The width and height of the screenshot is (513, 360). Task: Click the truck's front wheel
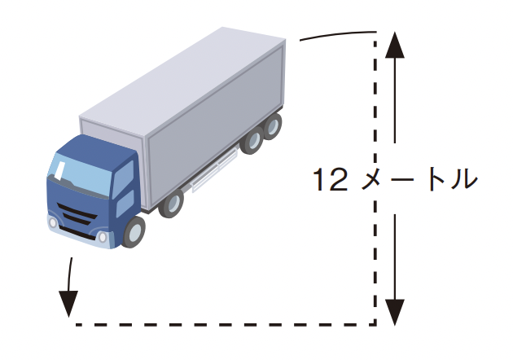pyautogui.click(x=134, y=231)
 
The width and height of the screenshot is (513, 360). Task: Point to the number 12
pyautogui.click(x=330, y=179)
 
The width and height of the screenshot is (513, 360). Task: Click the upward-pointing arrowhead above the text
pyautogui.click(x=395, y=45)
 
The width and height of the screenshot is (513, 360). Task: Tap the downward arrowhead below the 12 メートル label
pyautogui.click(x=395, y=312)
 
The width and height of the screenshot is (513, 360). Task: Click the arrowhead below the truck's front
pyautogui.click(x=68, y=304)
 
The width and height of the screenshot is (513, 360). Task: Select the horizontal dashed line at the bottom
pyautogui.click(x=226, y=325)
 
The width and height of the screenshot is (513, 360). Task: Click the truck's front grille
pyautogui.click(x=77, y=214)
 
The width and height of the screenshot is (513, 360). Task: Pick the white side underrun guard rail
pyautogui.click(x=214, y=171)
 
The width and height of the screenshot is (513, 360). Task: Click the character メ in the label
pyautogui.click(x=374, y=179)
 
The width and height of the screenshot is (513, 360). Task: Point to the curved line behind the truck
pyautogui.click(x=338, y=35)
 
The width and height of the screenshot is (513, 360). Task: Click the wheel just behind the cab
pyautogui.click(x=171, y=204)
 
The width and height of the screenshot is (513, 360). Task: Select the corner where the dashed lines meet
pyautogui.click(x=375, y=325)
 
